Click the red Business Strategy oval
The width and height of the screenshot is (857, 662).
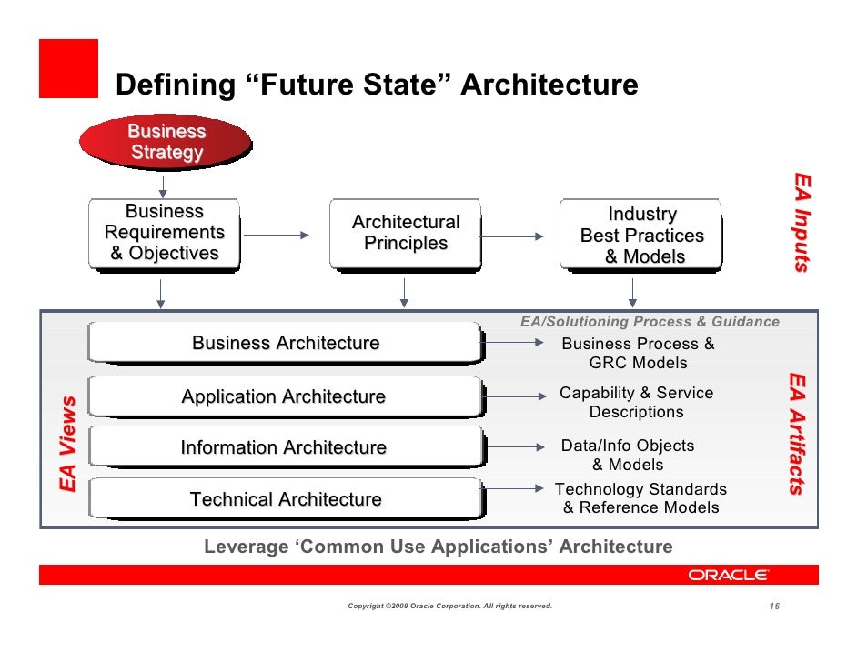[166, 142]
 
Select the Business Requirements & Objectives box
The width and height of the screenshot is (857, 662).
[165, 234]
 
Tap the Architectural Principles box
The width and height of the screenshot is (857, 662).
[406, 234]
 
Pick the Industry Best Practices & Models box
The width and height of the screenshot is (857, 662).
[641, 236]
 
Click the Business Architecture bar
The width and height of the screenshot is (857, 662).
[285, 344]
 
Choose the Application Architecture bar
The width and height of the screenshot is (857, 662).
[285, 397]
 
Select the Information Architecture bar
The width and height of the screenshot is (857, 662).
[285, 448]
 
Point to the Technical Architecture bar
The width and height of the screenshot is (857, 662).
[285, 499]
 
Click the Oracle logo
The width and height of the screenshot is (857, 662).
[728, 575]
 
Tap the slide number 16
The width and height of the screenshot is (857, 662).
[775, 606]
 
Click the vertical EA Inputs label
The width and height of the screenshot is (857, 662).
[801, 222]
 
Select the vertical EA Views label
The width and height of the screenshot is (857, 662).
[68, 445]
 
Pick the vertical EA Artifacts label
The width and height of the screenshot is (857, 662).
[796, 433]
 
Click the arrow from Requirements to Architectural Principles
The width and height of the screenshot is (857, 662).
[277, 236]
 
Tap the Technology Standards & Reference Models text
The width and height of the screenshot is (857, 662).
[640, 498]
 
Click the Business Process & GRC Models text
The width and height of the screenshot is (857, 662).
[638, 353]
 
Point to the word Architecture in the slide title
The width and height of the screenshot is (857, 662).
[549, 85]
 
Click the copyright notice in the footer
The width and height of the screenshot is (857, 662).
[450, 606]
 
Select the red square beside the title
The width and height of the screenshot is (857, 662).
[68, 68]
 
